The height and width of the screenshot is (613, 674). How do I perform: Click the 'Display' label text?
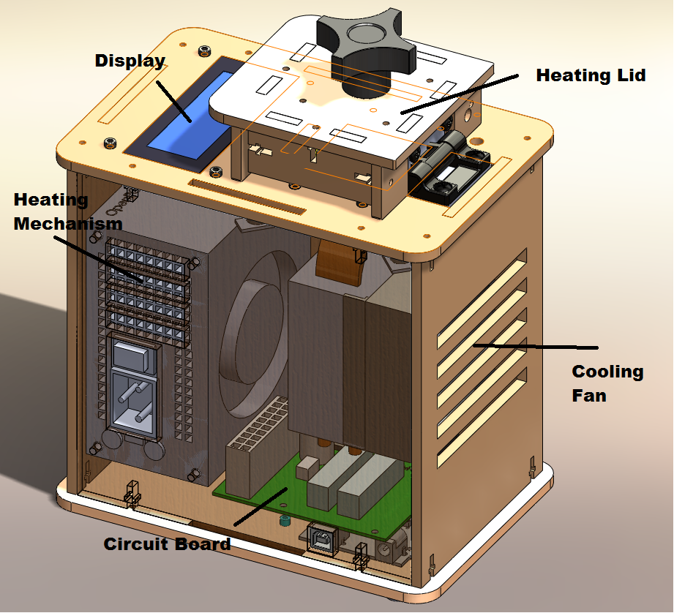click(x=130, y=61)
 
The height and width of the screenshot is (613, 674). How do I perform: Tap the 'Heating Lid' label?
click(x=591, y=75)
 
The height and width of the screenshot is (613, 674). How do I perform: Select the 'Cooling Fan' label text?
click(x=607, y=383)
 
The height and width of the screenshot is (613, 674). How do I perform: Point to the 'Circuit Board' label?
click(x=167, y=544)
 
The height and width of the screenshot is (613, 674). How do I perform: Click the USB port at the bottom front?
click(x=323, y=541)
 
